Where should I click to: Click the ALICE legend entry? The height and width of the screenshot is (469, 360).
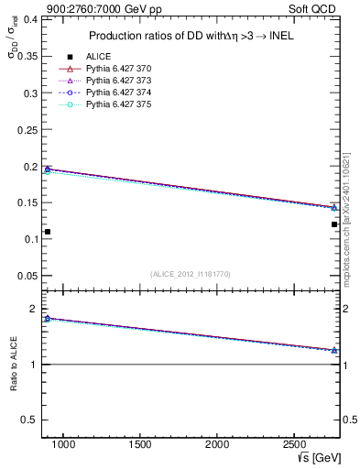click(98, 56)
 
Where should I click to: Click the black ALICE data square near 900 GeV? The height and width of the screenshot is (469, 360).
click(48, 232)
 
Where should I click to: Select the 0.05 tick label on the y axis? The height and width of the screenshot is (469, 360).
click(28, 276)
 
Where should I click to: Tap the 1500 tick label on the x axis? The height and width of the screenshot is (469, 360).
click(140, 444)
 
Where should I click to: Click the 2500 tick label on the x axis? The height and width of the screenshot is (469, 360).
click(294, 444)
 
